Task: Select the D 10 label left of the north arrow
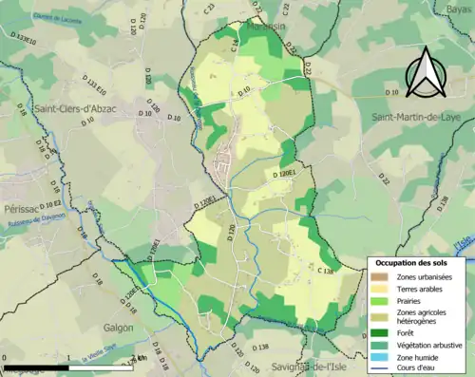[x=393, y=92]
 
